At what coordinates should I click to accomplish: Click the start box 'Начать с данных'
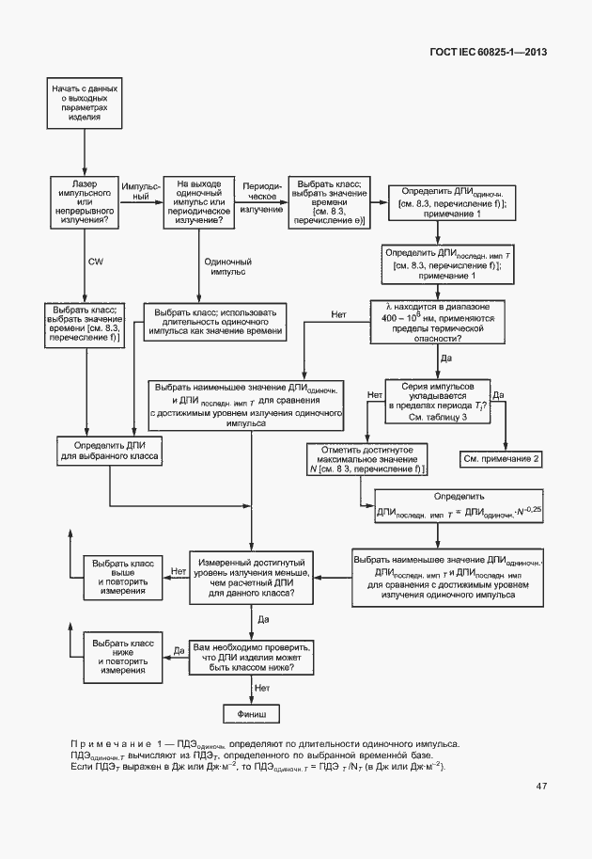pos(86,103)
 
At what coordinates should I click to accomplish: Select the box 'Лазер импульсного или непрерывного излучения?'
pos(86,200)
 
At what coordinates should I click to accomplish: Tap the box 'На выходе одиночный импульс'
pos(198,200)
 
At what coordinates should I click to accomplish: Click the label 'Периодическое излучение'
pos(261,199)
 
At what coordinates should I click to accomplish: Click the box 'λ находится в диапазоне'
pos(438,323)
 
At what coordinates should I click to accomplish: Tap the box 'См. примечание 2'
pos(503,457)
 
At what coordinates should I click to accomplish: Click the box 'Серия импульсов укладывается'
pos(438,401)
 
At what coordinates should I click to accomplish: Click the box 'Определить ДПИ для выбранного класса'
pos(111,452)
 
